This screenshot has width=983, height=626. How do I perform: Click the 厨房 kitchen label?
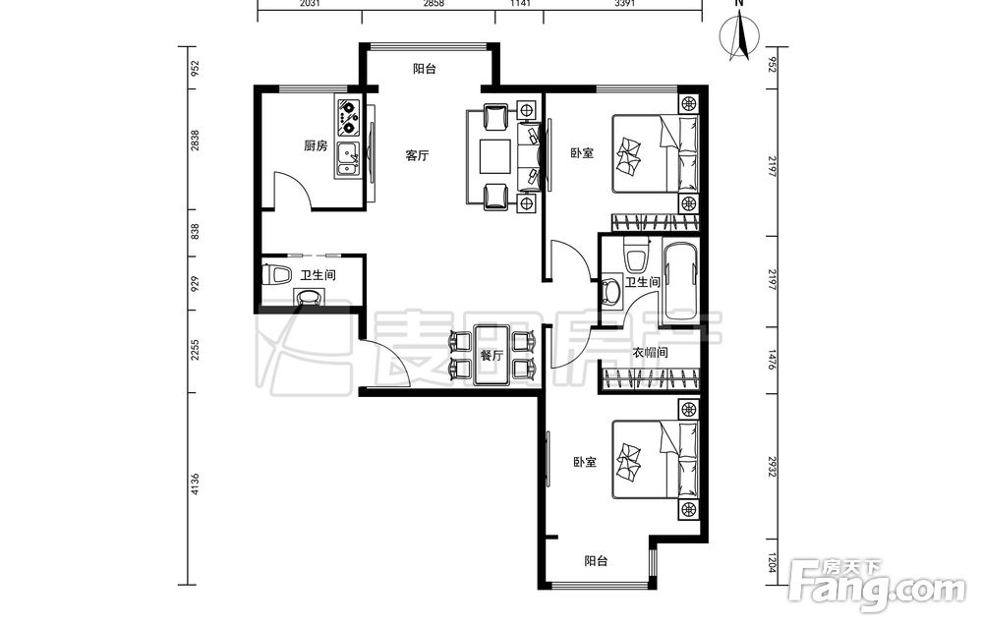tap(316, 146)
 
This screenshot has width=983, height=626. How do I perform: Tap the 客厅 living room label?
tap(417, 155)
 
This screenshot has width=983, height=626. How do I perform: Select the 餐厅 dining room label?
tap(491, 356)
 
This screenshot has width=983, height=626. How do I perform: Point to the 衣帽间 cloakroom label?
tap(649, 353)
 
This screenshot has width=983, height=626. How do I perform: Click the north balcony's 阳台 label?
tap(425, 69)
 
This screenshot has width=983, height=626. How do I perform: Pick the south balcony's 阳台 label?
tap(596, 561)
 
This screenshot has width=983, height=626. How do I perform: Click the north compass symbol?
tap(740, 34)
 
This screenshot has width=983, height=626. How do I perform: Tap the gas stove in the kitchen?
tap(349, 117)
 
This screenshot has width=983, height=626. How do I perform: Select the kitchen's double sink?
tap(347, 159)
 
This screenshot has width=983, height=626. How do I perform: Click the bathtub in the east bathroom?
tap(681, 282)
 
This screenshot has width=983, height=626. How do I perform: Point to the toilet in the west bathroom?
tap(276, 275)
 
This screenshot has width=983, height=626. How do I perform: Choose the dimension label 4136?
tap(195, 484)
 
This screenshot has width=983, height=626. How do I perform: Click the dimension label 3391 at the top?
tap(624, 4)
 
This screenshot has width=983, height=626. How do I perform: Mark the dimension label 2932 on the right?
tap(772, 466)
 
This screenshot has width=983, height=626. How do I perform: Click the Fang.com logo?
tap(878, 585)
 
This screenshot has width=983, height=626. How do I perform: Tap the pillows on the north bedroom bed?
tap(629, 154)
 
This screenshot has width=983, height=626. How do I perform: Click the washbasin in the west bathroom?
tap(309, 297)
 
